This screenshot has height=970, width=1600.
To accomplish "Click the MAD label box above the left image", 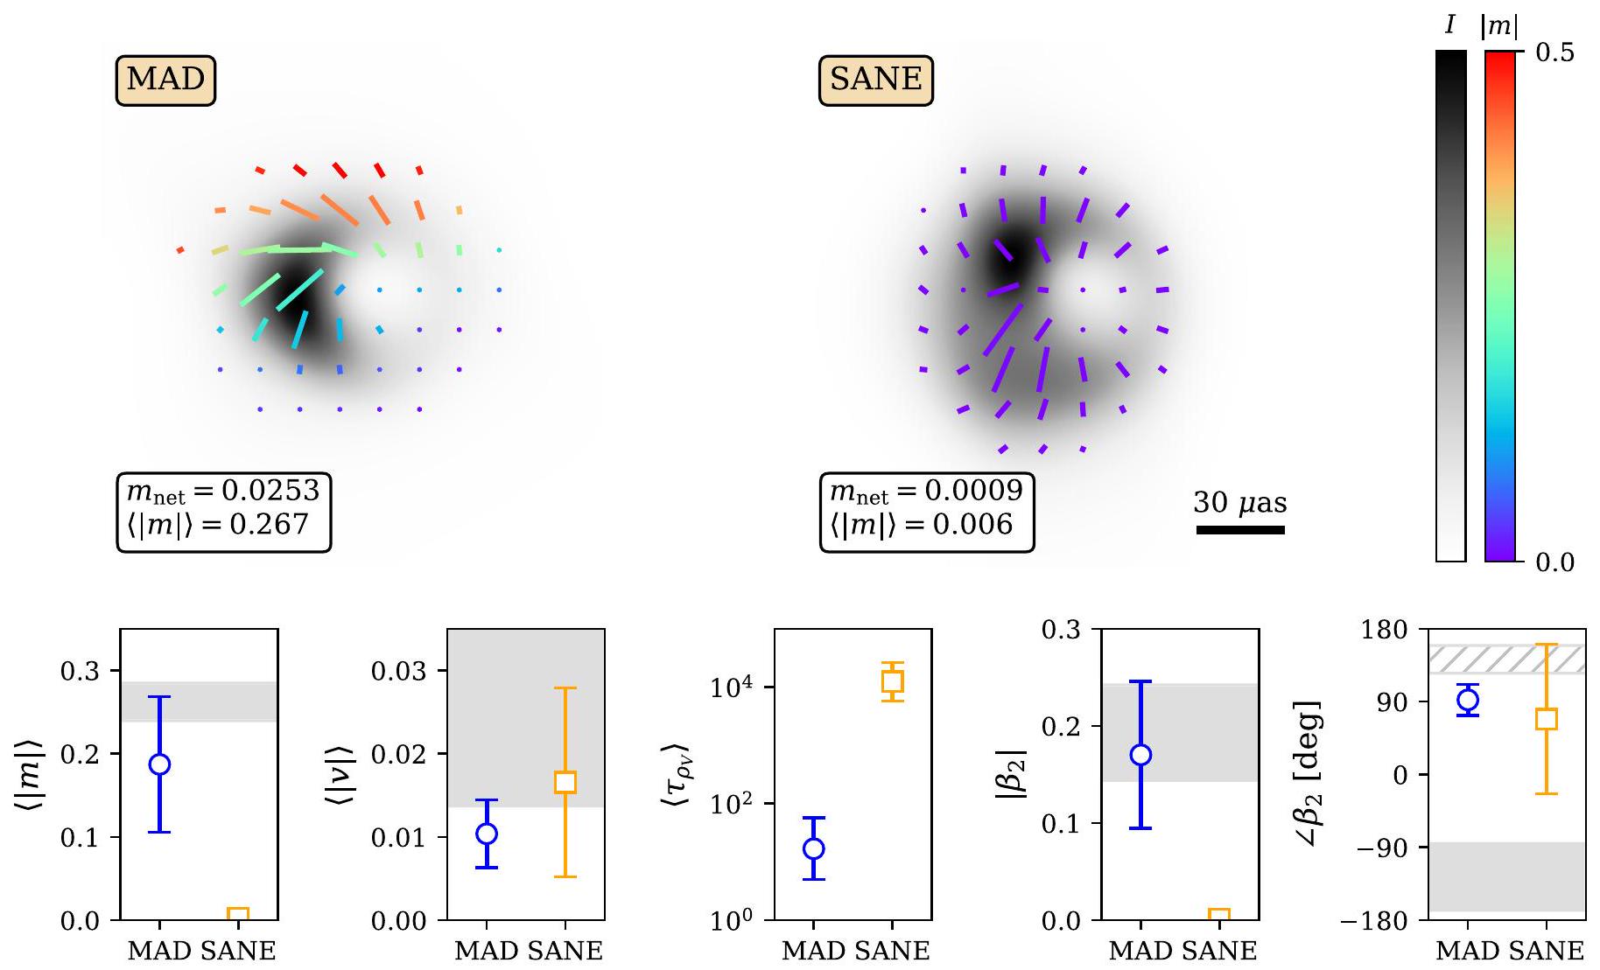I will pos(165,80).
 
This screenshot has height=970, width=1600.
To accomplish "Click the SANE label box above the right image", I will pos(876,80).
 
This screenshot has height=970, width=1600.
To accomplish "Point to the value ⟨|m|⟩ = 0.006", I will pos(921,525).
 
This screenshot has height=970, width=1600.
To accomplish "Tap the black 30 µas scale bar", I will pos(1240,529).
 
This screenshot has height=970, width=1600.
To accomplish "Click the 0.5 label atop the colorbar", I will pos(1554,52).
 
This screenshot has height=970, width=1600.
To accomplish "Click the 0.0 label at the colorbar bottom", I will pos(1554,562).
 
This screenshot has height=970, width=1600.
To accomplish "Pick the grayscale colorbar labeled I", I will pos(1450,306).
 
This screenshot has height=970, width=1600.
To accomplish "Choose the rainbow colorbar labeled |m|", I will pos(1499,306).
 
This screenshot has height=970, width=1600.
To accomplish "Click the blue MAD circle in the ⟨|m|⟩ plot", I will pos(159,764).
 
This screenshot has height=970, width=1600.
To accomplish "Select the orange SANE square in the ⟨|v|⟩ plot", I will pos(565,782).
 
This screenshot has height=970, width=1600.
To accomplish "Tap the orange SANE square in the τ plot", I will pos(892,681).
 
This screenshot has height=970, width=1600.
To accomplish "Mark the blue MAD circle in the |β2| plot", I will pos(1140,755).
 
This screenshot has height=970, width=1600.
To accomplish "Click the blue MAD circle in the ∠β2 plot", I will pos(1468,700).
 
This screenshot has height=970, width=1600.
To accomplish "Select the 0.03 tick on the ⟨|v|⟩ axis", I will pos(399,672).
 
